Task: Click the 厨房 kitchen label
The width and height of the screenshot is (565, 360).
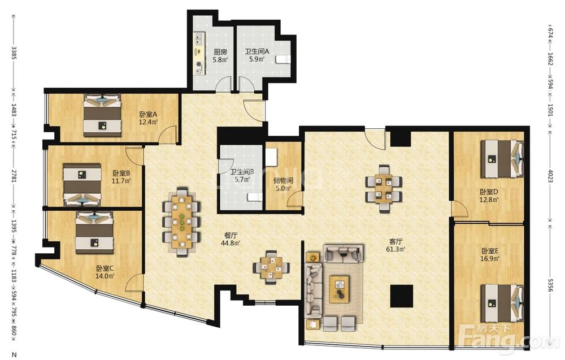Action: [x=220, y=52]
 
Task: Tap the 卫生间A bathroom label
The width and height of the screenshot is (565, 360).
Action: [x=257, y=51]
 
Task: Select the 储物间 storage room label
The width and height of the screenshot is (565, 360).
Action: [x=283, y=180]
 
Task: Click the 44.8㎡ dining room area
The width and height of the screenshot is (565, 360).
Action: [x=231, y=243]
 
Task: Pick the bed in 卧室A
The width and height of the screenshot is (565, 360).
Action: [x=102, y=115]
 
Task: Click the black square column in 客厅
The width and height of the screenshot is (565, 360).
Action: [x=402, y=296]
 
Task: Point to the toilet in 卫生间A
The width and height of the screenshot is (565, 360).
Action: [x=284, y=59]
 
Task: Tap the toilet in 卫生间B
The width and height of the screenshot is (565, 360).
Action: [x=255, y=197]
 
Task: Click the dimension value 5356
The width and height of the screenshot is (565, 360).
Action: [x=550, y=285]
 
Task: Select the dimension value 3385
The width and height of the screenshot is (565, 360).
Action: [x=14, y=53]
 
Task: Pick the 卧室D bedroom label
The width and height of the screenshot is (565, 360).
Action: [x=489, y=192]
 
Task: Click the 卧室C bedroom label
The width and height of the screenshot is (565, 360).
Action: [x=105, y=268]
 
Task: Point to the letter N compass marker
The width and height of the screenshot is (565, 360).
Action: [x=14, y=355]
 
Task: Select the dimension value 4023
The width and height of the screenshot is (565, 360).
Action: [x=550, y=176]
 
